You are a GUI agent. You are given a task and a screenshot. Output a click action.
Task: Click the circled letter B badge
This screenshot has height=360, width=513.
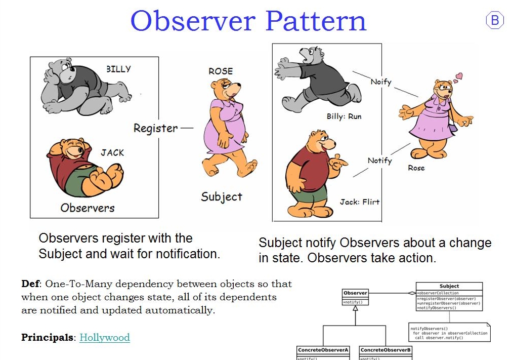[x=495, y=20]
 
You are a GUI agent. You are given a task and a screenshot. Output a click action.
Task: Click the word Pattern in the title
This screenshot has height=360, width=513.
[x=316, y=21]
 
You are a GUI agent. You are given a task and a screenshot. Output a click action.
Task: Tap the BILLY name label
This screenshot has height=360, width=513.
[x=118, y=69]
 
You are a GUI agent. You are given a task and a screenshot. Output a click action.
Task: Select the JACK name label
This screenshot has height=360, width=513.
[x=112, y=152]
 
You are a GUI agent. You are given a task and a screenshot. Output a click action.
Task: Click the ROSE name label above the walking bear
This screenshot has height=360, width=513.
[x=221, y=71]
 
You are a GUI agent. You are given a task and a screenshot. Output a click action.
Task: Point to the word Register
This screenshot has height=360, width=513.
[x=155, y=128]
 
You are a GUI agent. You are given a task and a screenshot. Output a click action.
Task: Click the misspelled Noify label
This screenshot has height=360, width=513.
[x=380, y=81]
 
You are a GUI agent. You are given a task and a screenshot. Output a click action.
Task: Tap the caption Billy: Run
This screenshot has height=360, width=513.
[x=344, y=116]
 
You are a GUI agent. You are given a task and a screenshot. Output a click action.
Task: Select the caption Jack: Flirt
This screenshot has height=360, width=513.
[x=359, y=202]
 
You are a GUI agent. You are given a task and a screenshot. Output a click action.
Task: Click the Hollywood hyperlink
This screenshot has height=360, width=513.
[x=105, y=337]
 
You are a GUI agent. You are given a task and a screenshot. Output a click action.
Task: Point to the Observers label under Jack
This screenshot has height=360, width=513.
[x=87, y=208]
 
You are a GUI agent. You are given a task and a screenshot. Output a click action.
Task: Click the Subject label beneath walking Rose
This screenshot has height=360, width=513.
[x=221, y=196]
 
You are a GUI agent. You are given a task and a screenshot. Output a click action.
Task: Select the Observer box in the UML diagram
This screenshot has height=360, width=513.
[x=355, y=297]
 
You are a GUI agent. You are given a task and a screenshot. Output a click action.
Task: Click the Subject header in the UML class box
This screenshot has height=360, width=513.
[x=449, y=286]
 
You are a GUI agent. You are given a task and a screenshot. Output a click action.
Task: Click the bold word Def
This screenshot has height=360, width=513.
[x=30, y=284]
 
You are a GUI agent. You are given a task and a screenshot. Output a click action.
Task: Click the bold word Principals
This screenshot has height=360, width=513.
[x=48, y=337]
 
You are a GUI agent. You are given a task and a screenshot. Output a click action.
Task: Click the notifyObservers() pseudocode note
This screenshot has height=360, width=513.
[x=449, y=333]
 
